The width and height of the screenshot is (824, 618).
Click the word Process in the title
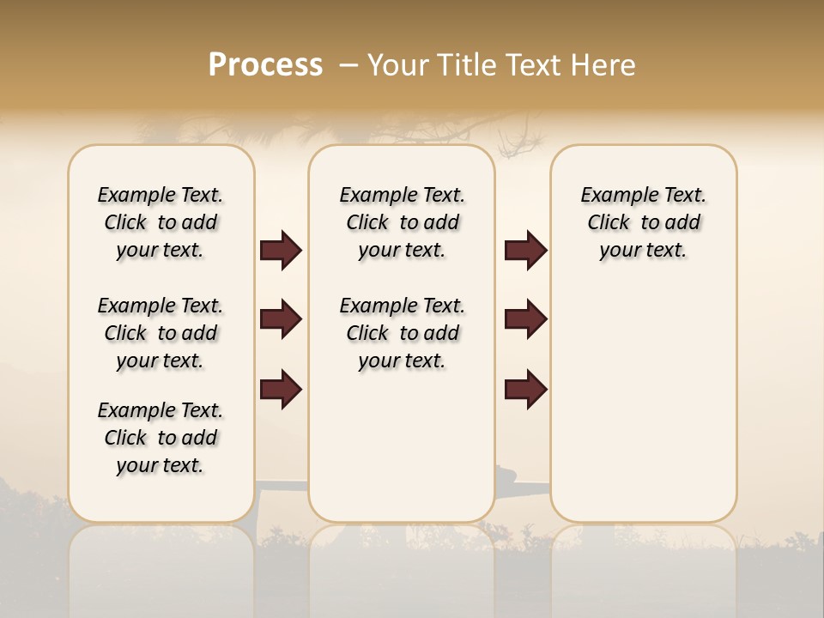coord(265,64)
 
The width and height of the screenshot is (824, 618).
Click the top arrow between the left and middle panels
coord(281,251)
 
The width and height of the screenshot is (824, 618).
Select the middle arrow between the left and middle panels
coord(281,319)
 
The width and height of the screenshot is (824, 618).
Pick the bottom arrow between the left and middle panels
coord(281,388)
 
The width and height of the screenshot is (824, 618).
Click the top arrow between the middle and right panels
coord(525,251)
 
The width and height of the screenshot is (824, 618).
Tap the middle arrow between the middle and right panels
coord(525,319)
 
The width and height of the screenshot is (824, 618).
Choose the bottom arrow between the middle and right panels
coord(525,388)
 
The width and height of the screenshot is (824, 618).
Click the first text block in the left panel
coord(161,222)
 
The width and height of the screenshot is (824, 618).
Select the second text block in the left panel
coord(161,333)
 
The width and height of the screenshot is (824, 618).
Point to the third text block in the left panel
coord(161,438)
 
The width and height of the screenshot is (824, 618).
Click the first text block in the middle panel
coord(403,222)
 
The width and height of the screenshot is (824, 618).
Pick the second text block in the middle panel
coord(403,333)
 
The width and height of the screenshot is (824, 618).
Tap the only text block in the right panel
coord(644,222)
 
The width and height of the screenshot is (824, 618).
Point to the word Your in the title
coord(397,65)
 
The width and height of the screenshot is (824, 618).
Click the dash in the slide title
coord(348,65)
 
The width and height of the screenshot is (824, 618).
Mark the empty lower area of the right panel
coord(644,395)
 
